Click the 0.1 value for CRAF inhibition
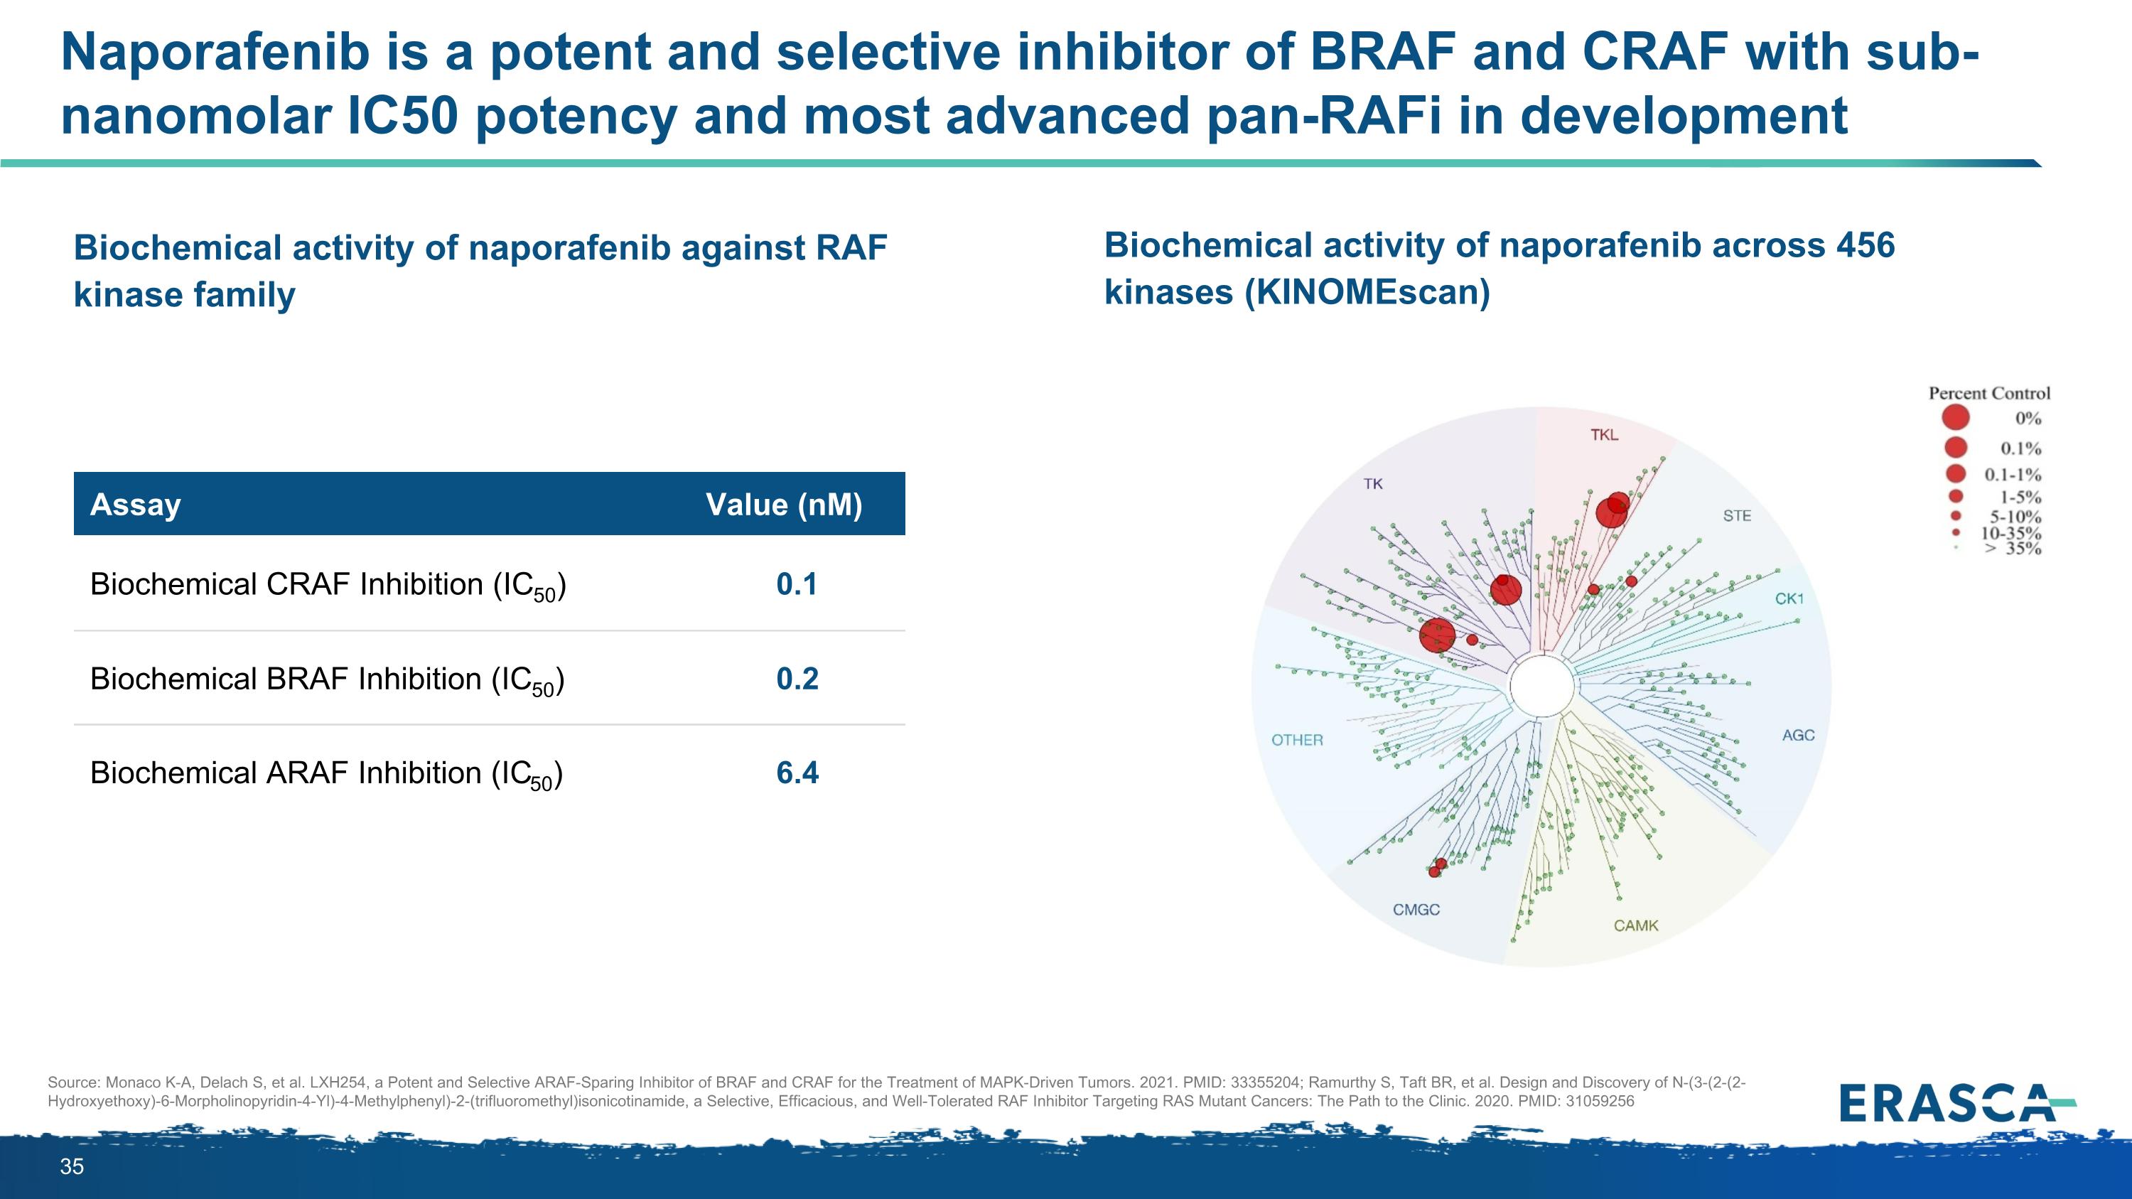click(x=796, y=584)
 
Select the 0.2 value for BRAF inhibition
click(x=797, y=679)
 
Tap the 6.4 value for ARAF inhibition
click(x=797, y=773)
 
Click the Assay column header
click(x=135, y=505)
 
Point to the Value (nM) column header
click(x=784, y=505)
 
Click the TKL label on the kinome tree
click(x=1604, y=435)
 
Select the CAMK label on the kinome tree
click(x=1635, y=926)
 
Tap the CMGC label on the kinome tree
click(x=1416, y=910)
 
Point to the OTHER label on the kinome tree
click(x=1297, y=741)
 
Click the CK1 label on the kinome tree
click(x=1789, y=599)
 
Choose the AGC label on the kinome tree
click(x=1798, y=736)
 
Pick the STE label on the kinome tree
click(x=1736, y=516)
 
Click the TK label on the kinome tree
click(x=1373, y=484)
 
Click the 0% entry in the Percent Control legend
click(x=2028, y=419)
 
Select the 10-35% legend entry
click(x=2010, y=533)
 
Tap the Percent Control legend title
click(x=1989, y=393)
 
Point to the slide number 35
click(x=72, y=1167)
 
